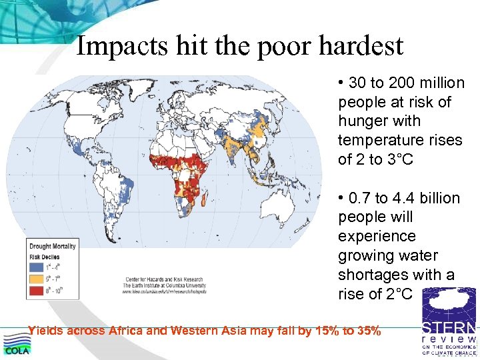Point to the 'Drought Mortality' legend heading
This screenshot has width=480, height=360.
53,246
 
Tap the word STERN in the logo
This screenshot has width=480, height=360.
449,329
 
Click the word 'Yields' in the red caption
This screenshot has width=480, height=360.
47,330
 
